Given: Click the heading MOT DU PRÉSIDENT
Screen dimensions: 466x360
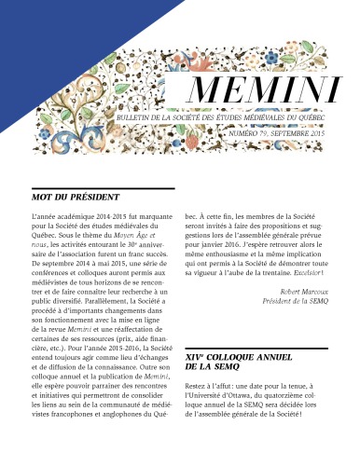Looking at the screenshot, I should [x=76, y=199].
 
